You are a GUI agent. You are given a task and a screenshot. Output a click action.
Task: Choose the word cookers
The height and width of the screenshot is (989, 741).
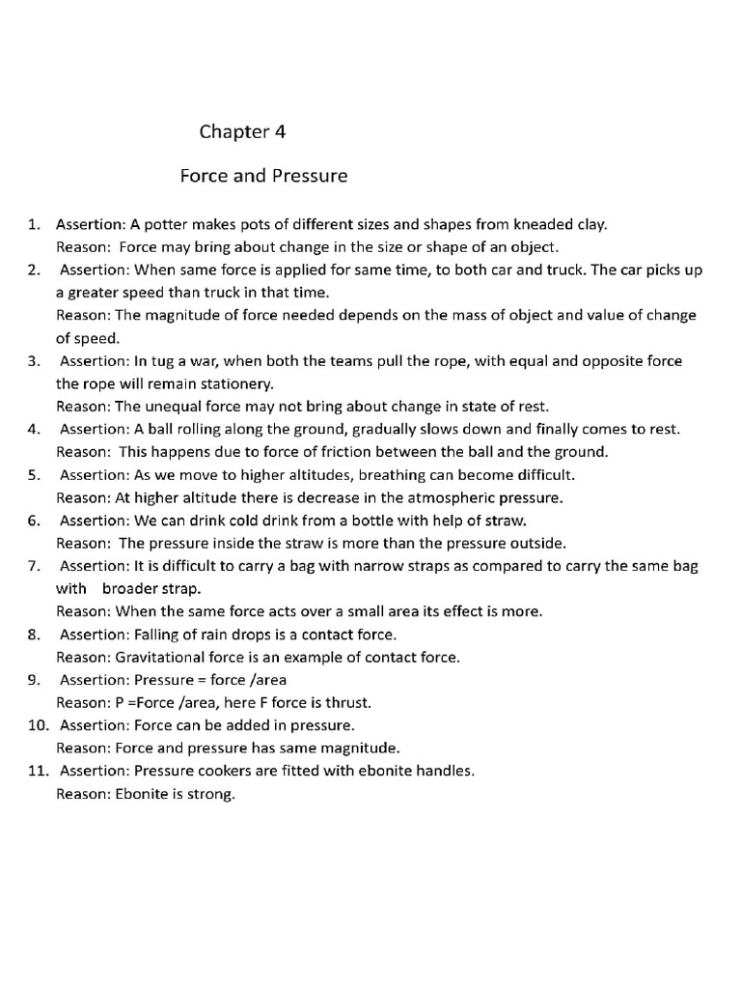[x=224, y=771]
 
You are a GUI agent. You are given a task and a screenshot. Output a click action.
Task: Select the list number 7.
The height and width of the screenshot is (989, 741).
[x=34, y=565]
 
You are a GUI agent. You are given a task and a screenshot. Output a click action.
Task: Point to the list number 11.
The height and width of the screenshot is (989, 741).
[x=37, y=771]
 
